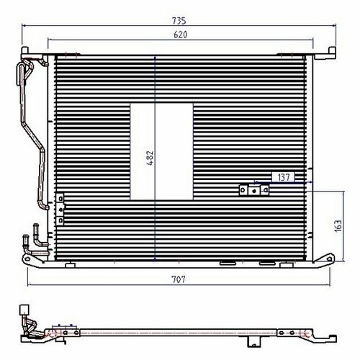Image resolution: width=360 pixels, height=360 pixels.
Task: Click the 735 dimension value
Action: [179, 21]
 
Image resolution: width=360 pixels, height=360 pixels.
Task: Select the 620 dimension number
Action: [180, 35]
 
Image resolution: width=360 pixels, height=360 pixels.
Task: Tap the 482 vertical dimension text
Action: [150, 158]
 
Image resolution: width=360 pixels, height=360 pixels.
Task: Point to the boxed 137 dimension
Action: [284, 177]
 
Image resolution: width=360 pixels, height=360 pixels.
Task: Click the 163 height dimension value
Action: [338, 226]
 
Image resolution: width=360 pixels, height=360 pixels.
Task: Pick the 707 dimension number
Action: [179, 279]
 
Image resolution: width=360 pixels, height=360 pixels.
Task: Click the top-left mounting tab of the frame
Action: [24, 51]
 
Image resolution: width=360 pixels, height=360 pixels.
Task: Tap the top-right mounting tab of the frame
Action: [332, 51]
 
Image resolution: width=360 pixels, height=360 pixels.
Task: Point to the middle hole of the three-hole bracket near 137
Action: [254, 191]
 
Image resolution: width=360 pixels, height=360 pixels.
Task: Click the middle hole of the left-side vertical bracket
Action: [61, 210]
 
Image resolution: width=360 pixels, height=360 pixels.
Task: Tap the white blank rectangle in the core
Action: [161, 152]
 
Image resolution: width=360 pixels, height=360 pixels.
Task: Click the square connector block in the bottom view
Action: [24, 310]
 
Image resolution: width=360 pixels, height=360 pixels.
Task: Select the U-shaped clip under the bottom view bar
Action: [254, 342]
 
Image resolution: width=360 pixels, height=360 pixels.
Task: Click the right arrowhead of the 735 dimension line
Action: [334, 24]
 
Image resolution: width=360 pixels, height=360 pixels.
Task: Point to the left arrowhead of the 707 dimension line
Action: [30, 285]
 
